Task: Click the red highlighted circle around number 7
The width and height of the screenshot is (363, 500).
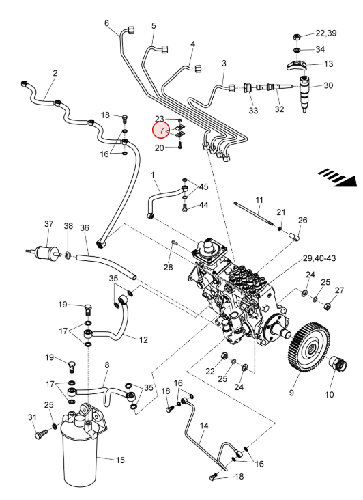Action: (x=161, y=130)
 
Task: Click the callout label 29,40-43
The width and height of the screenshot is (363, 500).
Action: (x=319, y=258)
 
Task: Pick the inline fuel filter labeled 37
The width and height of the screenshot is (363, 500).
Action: (x=44, y=252)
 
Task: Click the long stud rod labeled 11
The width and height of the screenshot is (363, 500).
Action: (x=253, y=213)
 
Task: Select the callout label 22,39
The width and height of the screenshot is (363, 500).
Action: (x=325, y=33)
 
